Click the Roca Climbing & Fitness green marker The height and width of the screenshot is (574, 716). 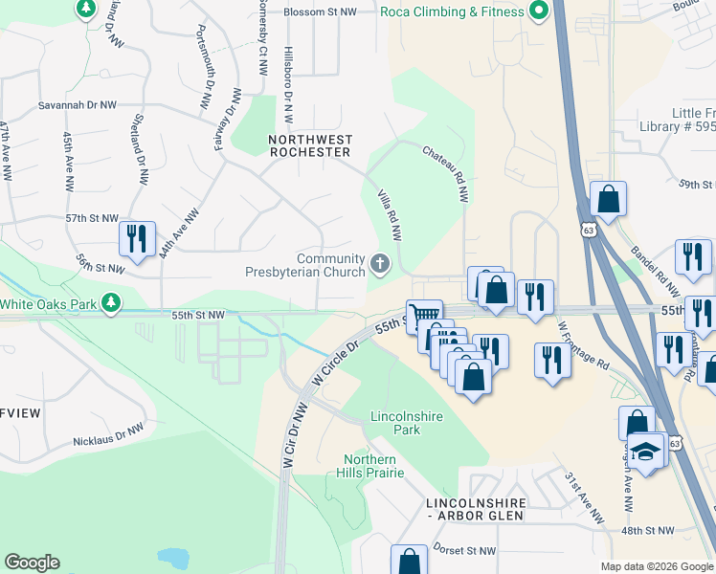(x=538, y=11)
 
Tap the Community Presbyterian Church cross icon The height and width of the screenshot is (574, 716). (x=380, y=263)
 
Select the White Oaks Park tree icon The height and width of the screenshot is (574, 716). (x=112, y=303)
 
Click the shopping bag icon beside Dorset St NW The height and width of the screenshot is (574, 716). (x=409, y=561)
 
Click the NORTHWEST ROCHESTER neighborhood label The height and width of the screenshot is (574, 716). (x=310, y=145)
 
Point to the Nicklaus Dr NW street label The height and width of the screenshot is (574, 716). (x=109, y=435)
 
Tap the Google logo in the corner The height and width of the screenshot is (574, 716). (x=32, y=563)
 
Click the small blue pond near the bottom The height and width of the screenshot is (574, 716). (x=173, y=557)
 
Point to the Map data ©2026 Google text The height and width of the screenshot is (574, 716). (x=656, y=566)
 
